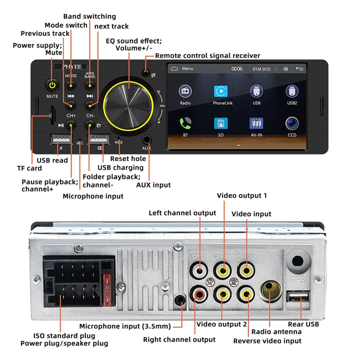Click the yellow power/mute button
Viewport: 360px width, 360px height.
(x=52, y=85)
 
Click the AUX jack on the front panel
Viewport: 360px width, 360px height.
(x=147, y=140)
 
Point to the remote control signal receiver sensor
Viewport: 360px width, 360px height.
(x=145, y=73)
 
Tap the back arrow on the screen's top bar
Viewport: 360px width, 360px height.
(x=299, y=69)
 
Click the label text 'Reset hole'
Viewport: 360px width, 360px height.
(x=128, y=158)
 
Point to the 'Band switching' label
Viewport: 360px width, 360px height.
(x=90, y=17)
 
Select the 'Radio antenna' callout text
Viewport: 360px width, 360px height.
(x=277, y=332)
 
